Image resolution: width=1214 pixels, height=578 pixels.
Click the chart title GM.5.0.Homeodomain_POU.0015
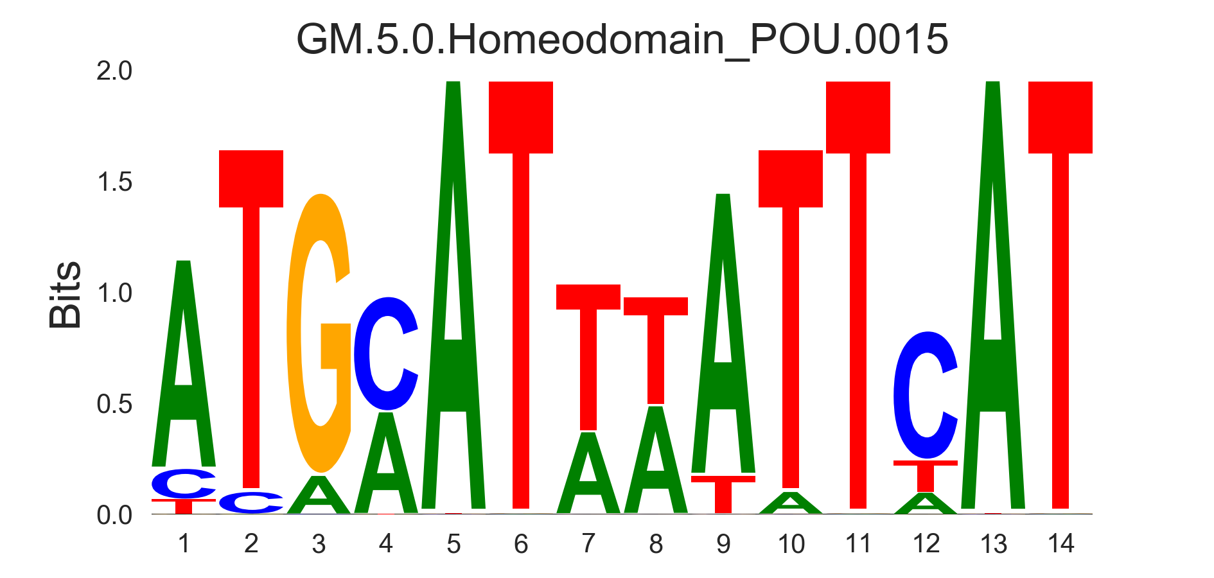622,40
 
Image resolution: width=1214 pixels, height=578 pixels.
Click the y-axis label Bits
66,295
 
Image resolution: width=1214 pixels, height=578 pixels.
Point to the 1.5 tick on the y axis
114,182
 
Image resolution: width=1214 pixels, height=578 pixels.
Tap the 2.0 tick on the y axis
114,71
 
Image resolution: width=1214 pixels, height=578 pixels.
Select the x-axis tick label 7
588,545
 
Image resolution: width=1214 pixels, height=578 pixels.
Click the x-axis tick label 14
1060,545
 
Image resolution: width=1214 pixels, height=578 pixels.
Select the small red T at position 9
723,495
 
